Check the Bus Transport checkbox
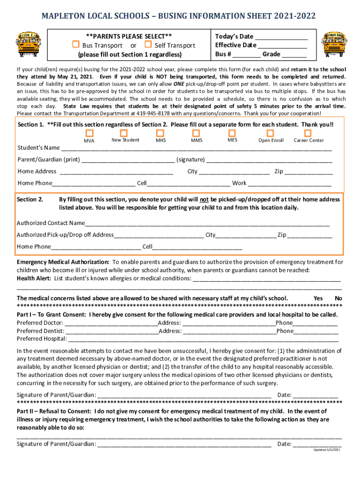pos(75,45)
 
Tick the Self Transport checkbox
pos(148,45)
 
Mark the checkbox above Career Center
pos(308,133)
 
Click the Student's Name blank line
pos(196,149)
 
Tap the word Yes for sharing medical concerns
pos(318,298)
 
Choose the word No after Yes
pos(338,298)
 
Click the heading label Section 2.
pos(30,199)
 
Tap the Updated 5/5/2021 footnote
pos(327,450)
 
